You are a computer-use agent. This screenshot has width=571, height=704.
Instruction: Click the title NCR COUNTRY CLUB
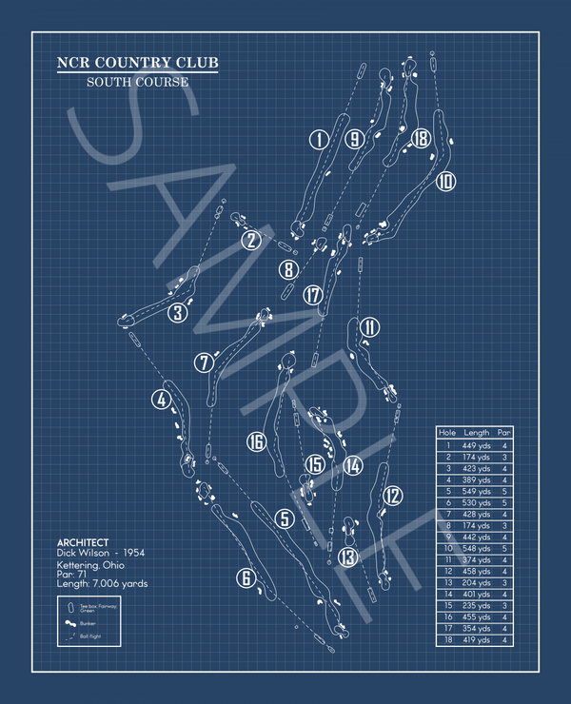(x=137, y=64)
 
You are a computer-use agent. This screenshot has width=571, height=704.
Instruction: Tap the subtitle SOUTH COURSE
(x=137, y=82)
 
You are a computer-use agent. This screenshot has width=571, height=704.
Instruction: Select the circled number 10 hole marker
(x=445, y=181)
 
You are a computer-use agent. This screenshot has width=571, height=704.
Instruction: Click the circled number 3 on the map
(x=178, y=312)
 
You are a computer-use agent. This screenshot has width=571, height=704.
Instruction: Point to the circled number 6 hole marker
(x=246, y=577)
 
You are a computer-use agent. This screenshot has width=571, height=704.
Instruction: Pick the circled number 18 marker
(x=421, y=140)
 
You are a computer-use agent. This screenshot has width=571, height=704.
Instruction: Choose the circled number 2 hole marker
(x=250, y=240)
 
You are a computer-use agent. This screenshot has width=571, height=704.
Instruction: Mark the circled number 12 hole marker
(x=392, y=495)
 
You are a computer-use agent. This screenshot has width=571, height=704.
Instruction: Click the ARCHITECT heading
(x=83, y=542)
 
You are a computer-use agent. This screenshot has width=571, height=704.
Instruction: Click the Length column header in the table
(x=477, y=433)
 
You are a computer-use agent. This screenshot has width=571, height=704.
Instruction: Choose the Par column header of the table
(x=505, y=433)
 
